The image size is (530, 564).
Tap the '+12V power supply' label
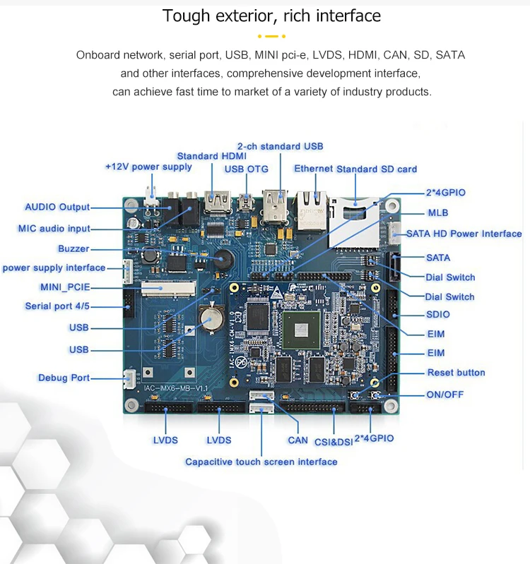coord(148,167)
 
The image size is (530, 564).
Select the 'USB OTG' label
coord(247,169)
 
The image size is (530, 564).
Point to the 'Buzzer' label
coord(73,248)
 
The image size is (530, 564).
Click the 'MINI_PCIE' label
coord(65,287)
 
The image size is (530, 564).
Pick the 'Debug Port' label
coord(64,378)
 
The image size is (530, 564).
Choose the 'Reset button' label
coord(456,373)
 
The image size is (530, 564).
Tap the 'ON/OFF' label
coord(444,395)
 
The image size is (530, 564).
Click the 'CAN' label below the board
coord(298,440)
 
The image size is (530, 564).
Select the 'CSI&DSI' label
coord(333,441)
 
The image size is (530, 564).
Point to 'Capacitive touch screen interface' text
coord(261,462)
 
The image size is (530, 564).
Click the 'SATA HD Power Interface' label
coord(464,234)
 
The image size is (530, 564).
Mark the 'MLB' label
coord(437,212)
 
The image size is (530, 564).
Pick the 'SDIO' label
coord(437,314)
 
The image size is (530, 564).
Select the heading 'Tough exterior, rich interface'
coord(271,16)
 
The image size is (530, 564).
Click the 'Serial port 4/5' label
coord(57,306)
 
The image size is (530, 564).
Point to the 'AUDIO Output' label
coord(57,207)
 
